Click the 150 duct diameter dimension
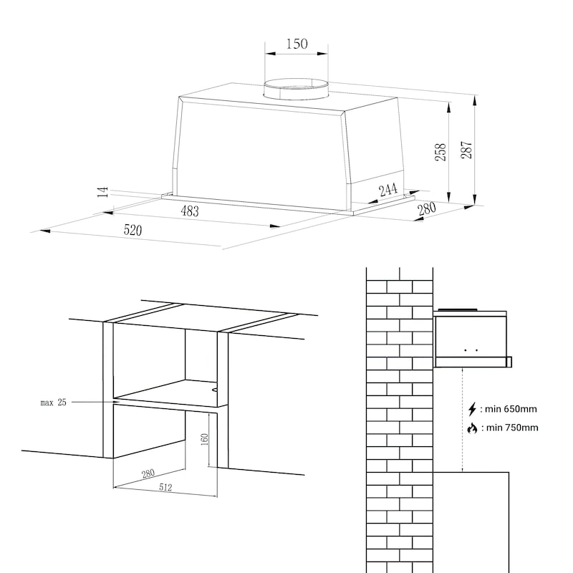point(297,44)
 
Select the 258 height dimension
point(442,152)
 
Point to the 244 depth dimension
point(387,190)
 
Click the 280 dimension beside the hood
point(426,208)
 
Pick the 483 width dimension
point(190,211)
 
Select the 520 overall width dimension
point(133,231)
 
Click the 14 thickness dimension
point(103,191)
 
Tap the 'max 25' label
point(53,403)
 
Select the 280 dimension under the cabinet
point(148,473)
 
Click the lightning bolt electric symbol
point(472,410)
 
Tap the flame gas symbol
point(472,428)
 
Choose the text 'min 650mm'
point(510,410)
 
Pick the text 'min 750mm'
point(511,428)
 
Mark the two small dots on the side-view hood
point(471,350)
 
